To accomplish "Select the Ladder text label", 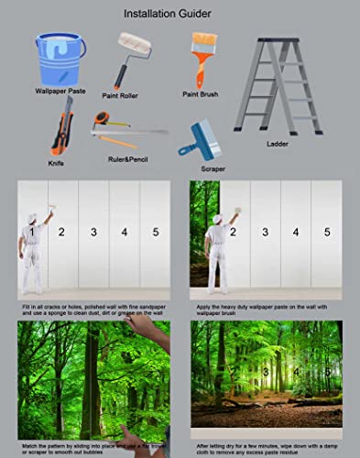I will point(278,144).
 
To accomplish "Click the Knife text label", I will point(56,163).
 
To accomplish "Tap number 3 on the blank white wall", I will point(93,234).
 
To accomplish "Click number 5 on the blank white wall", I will point(156,234).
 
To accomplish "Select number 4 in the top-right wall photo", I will point(295,233).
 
